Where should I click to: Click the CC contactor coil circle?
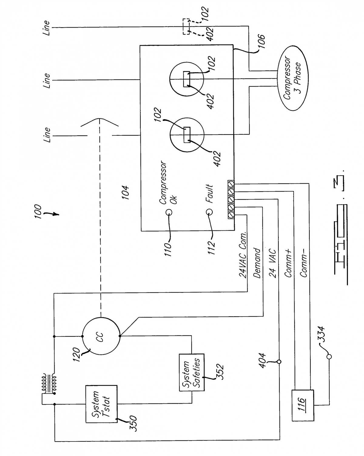pyautogui.click(x=101, y=336)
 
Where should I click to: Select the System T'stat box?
pyautogui.click(x=101, y=404)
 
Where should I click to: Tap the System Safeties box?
pyautogui.click(x=192, y=372)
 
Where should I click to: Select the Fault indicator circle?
pyautogui.click(x=209, y=212)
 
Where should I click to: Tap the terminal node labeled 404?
pyautogui.click(x=279, y=362)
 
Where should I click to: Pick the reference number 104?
pyautogui.click(x=125, y=192)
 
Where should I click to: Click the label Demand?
pyautogui.click(x=257, y=263)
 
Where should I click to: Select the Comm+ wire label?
pyautogui.click(x=288, y=263)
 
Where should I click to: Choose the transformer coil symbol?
pyautogui.click(x=49, y=384)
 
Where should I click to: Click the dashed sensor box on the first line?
pyautogui.click(x=186, y=26)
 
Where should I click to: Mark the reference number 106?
pyautogui.click(x=261, y=42)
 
